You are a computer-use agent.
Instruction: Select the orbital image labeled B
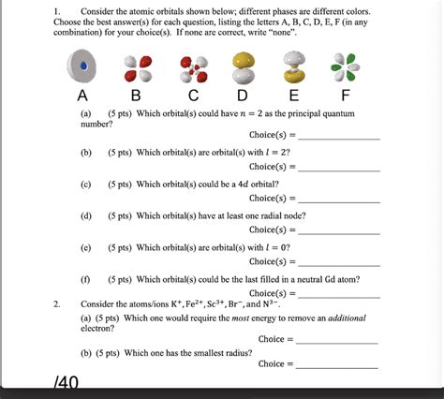[x=138, y=67]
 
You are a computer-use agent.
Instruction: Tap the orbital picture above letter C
[x=193, y=67]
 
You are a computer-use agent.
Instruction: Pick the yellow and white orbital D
[x=244, y=66]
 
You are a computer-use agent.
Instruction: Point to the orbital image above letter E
[x=294, y=67]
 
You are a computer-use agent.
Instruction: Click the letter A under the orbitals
[x=82, y=95]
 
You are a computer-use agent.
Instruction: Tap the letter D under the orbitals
[x=244, y=95]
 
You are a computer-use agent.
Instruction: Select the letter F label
[x=346, y=95]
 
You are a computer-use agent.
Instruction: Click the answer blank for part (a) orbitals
[x=337, y=137]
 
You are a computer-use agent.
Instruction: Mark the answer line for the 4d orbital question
[x=337, y=199]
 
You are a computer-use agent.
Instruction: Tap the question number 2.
[x=57, y=304]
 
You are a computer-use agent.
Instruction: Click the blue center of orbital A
[x=84, y=66]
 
